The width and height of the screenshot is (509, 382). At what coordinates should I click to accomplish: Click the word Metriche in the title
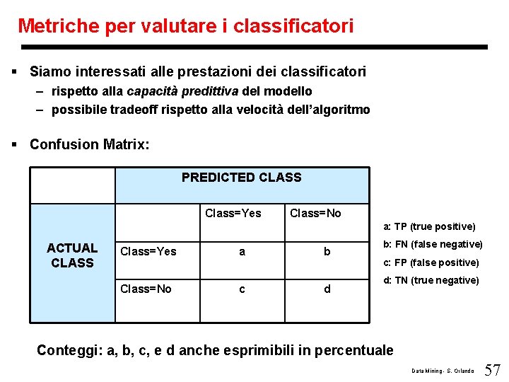[58, 27]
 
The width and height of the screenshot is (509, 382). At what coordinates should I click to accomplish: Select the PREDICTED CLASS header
[241, 178]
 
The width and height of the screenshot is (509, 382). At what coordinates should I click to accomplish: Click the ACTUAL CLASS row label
[72, 255]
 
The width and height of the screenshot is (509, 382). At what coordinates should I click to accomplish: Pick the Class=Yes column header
[233, 213]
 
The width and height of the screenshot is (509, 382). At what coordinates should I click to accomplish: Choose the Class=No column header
[315, 213]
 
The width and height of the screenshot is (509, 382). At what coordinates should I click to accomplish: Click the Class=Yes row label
[148, 251]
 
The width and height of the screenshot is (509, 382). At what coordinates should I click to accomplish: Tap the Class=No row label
[146, 289]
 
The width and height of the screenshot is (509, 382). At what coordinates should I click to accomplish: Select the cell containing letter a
[242, 251]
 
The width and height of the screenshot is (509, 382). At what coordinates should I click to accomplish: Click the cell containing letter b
[327, 251]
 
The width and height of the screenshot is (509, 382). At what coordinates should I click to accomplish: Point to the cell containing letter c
[242, 289]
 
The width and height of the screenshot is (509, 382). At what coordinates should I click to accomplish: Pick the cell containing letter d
[327, 289]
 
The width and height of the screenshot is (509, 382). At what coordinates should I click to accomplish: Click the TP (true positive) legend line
[430, 226]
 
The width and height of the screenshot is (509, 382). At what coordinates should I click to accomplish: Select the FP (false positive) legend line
[431, 262]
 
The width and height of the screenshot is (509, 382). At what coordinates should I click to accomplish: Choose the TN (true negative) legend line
[431, 280]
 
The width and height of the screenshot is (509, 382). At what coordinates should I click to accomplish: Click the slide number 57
[492, 369]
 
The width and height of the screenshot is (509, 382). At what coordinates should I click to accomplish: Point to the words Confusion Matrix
[90, 144]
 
